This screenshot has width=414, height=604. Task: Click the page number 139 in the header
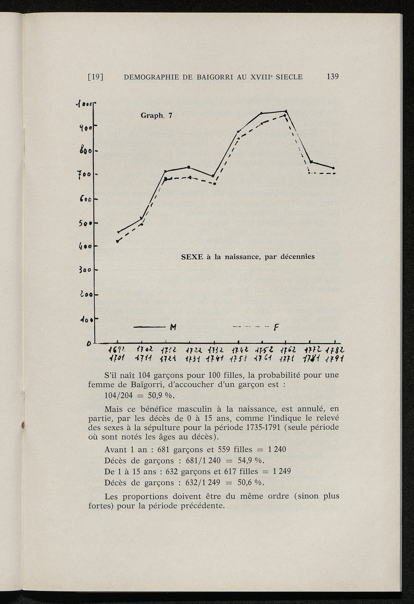point(332,77)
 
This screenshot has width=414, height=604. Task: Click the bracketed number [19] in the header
point(96,77)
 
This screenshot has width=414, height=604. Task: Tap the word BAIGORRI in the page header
point(214,77)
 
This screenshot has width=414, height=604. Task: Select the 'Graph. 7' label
point(156,116)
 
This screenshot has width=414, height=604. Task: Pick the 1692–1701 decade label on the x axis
point(117,354)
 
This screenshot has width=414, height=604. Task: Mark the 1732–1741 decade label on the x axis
point(213,354)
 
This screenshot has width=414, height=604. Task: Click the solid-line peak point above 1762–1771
point(286,111)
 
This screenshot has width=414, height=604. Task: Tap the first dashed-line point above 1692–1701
point(117,241)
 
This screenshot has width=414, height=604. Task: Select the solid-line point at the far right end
point(334,168)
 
